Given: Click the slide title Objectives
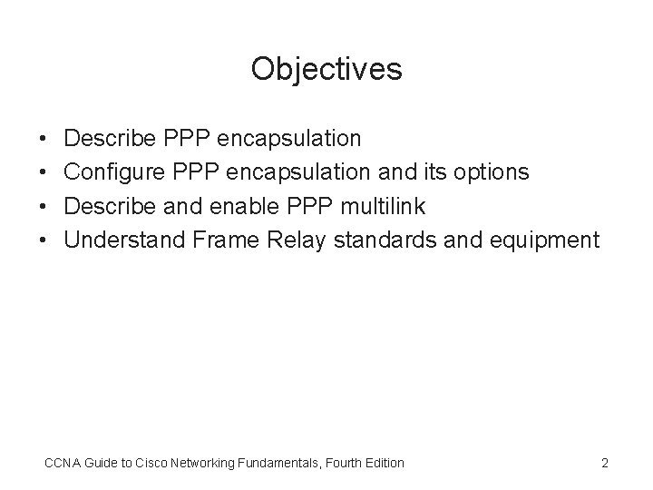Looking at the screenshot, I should click(326, 69).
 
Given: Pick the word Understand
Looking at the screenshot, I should click(125, 240).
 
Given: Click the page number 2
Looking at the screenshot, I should click(605, 464).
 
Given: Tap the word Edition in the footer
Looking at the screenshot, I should click(383, 464).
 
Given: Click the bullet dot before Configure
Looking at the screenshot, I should click(44, 172).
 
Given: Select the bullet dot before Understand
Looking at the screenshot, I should click(44, 240).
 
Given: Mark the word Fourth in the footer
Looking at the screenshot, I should click(340, 464).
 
